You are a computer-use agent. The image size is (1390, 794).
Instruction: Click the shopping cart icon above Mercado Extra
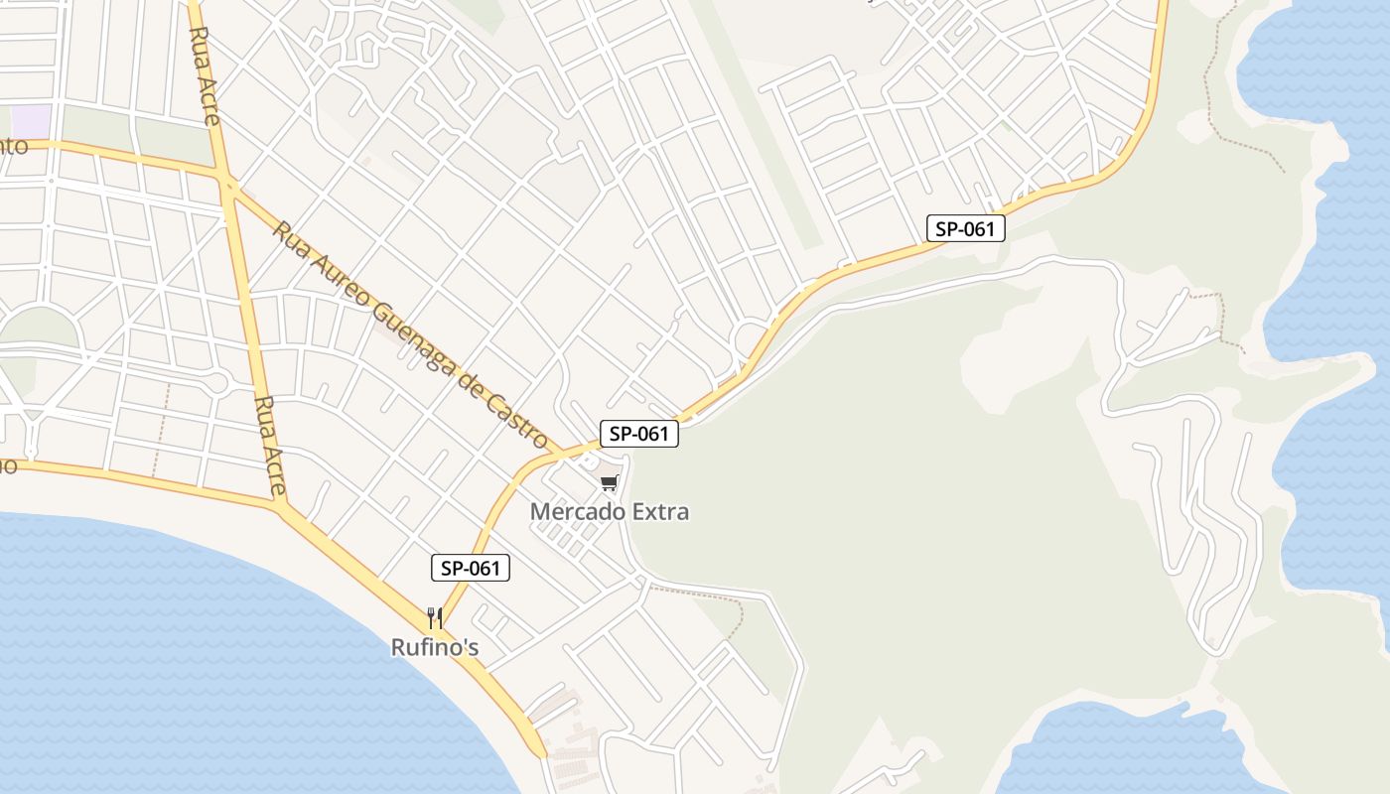pyautogui.click(x=609, y=483)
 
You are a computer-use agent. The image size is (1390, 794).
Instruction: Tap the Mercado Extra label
pyautogui.click(x=609, y=512)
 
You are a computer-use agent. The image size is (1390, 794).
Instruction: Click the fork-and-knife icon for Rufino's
pyautogui.click(x=435, y=618)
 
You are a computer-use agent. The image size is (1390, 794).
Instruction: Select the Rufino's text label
pyautogui.click(x=435, y=648)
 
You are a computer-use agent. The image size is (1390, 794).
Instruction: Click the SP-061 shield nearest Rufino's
pyautogui.click(x=471, y=568)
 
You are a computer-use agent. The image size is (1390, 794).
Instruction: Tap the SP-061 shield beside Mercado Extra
pyautogui.click(x=638, y=434)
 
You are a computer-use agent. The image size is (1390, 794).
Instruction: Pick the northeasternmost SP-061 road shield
pyautogui.click(x=966, y=228)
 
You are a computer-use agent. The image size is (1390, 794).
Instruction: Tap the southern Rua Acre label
pyautogui.click(x=269, y=446)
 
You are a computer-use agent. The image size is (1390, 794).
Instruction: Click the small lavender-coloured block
pyautogui.click(x=31, y=121)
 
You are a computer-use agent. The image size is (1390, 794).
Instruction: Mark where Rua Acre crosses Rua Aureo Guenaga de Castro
pyautogui.click(x=228, y=185)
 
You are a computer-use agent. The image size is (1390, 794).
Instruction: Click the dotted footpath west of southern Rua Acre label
pyautogui.click(x=159, y=427)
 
